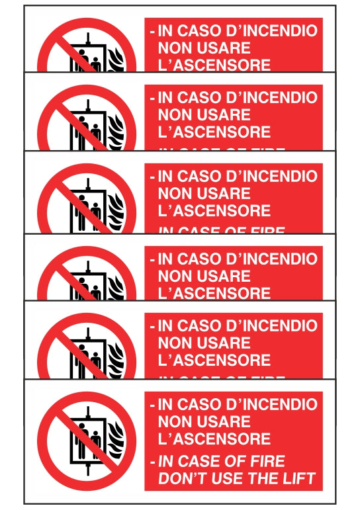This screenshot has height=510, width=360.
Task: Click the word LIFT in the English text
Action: point(298,478)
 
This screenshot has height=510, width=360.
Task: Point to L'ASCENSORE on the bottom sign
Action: point(214,439)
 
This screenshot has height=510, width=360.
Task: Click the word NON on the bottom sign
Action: point(175,421)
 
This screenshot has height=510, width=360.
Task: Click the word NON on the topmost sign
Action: point(175,48)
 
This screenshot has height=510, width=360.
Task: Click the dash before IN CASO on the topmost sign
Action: point(153,31)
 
